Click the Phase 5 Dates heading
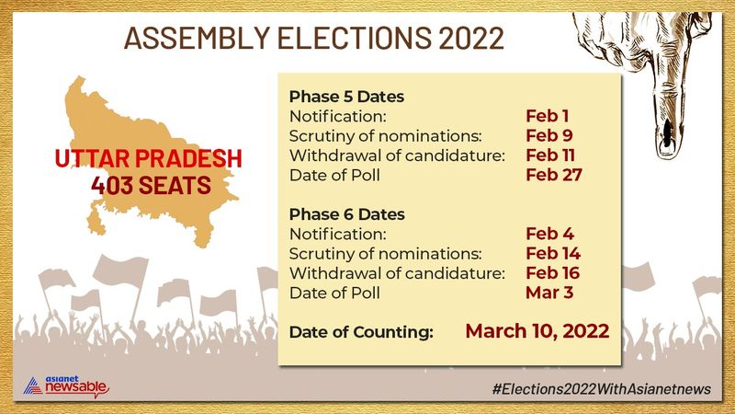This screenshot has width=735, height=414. (x=346, y=97)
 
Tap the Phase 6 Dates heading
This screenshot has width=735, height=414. (x=347, y=214)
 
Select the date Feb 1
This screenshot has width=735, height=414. (x=547, y=116)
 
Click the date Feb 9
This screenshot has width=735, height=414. (x=549, y=135)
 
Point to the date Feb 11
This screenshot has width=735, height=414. (x=550, y=155)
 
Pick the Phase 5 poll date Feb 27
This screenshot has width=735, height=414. (x=554, y=175)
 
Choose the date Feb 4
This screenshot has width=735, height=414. (x=549, y=234)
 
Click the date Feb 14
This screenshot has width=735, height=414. (x=553, y=254)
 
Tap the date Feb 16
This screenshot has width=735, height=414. (x=553, y=273)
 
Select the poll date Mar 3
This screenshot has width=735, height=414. (x=549, y=293)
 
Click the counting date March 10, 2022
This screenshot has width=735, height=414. (x=537, y=331)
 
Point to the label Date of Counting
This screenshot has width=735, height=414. (x=361, y=332)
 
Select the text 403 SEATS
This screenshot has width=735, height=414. (x=151, y=185)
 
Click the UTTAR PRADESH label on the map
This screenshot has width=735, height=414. (x=149, y=158)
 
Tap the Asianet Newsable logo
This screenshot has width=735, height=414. (x=66, y=386)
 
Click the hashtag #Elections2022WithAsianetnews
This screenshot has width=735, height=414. (x=602, y=389)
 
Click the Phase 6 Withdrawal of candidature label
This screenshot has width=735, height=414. (x=397, y=273)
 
